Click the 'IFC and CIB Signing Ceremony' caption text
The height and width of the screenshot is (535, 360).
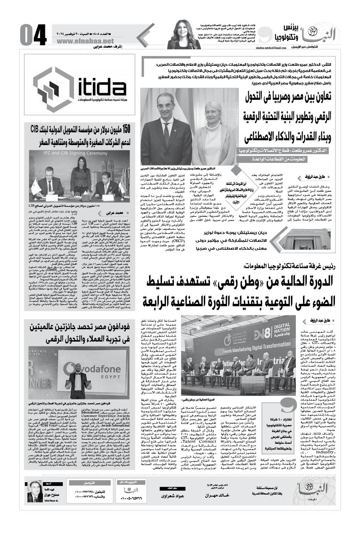[80, 154]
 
